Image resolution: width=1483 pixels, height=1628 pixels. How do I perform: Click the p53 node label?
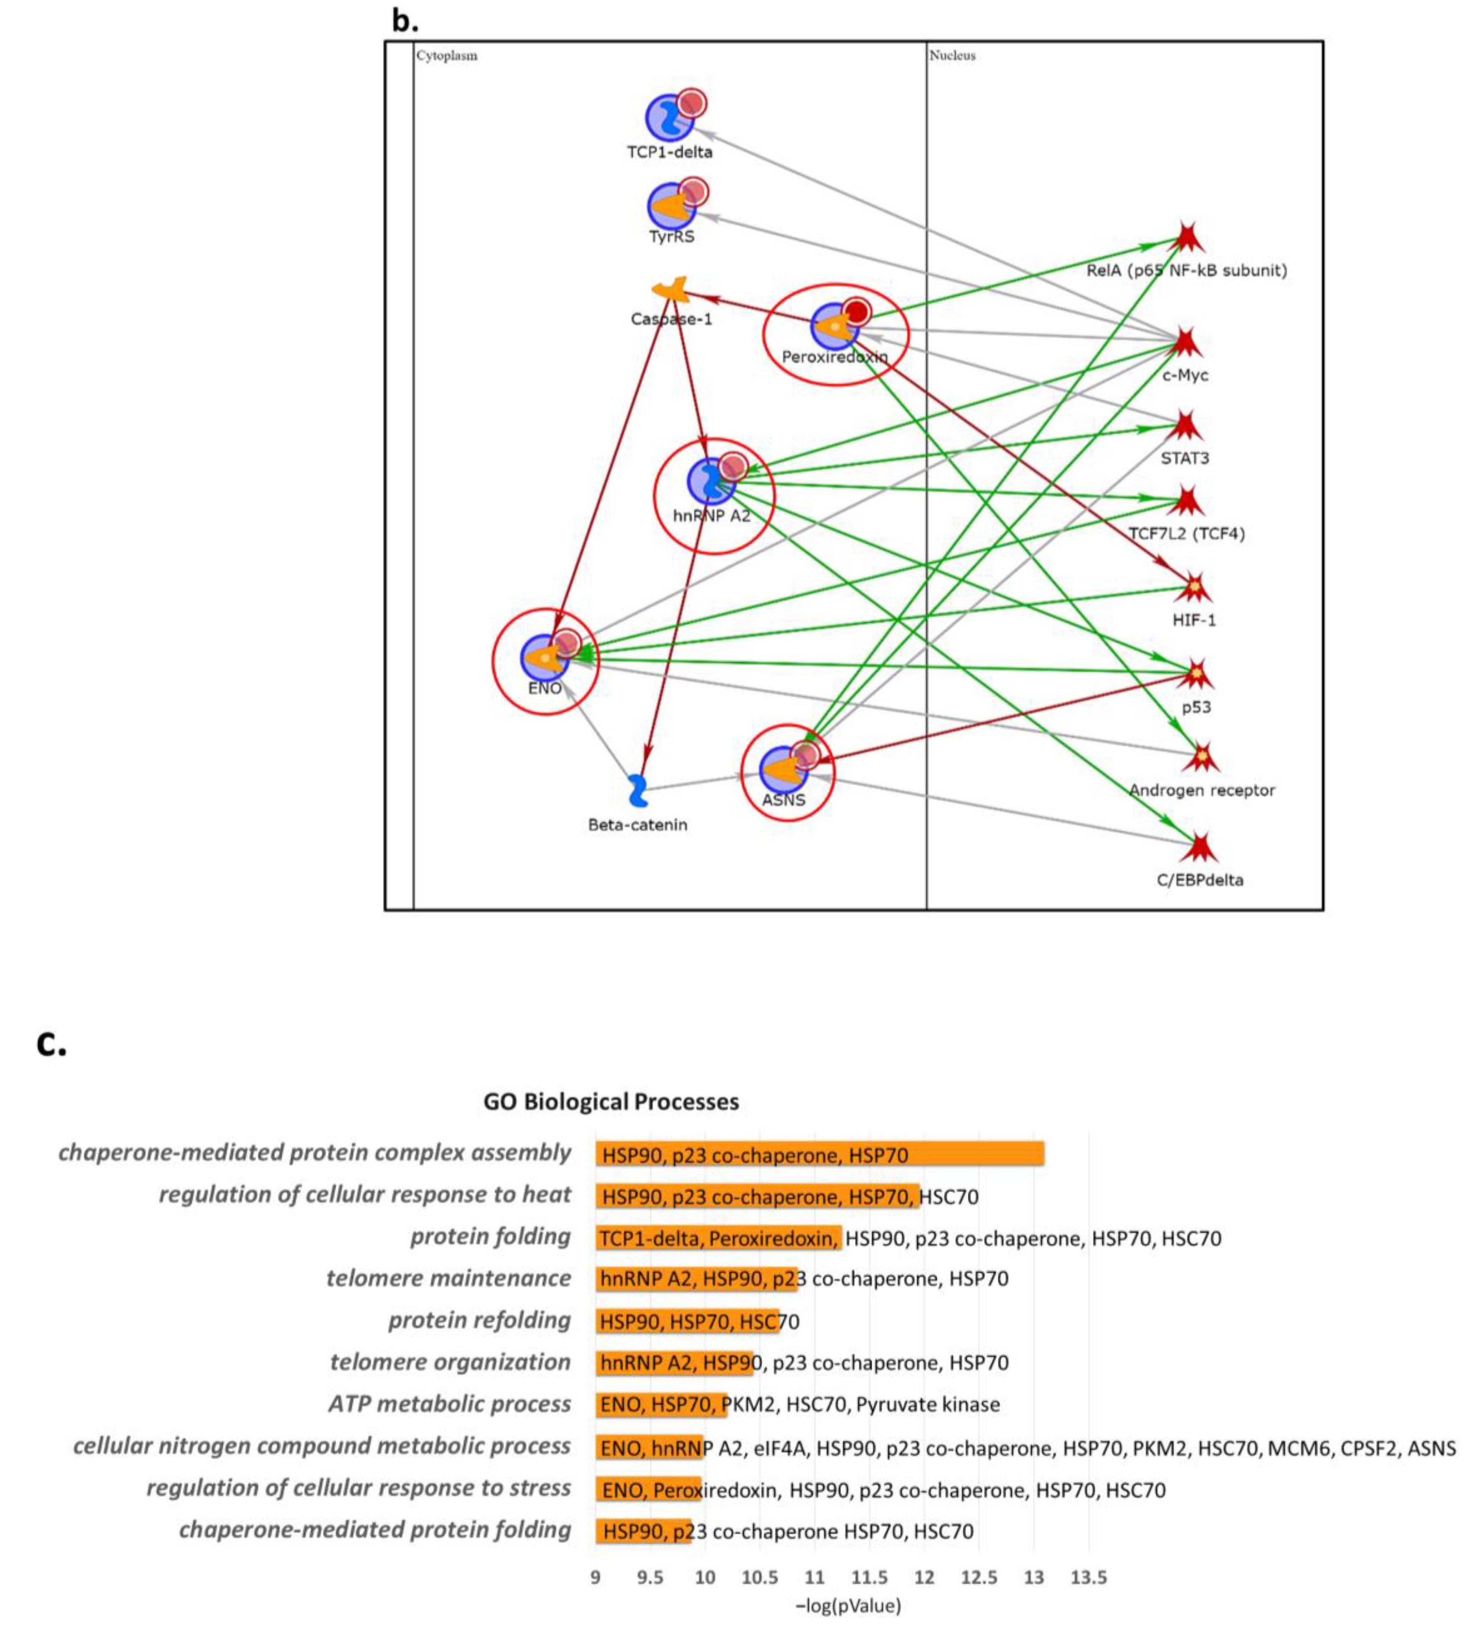click(1196, 707)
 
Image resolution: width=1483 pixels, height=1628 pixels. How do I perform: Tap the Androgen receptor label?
click(1202, 790)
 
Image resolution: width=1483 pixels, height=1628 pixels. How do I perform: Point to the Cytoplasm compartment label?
click(447, 56)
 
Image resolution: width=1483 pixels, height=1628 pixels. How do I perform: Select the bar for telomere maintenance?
click(696, 1278)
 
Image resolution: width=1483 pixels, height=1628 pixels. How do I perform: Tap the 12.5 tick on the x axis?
click(979, 1576)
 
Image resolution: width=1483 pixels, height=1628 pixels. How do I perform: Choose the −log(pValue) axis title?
click(848, 1605)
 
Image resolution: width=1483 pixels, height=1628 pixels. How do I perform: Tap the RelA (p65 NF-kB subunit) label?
click(1186, 271)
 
